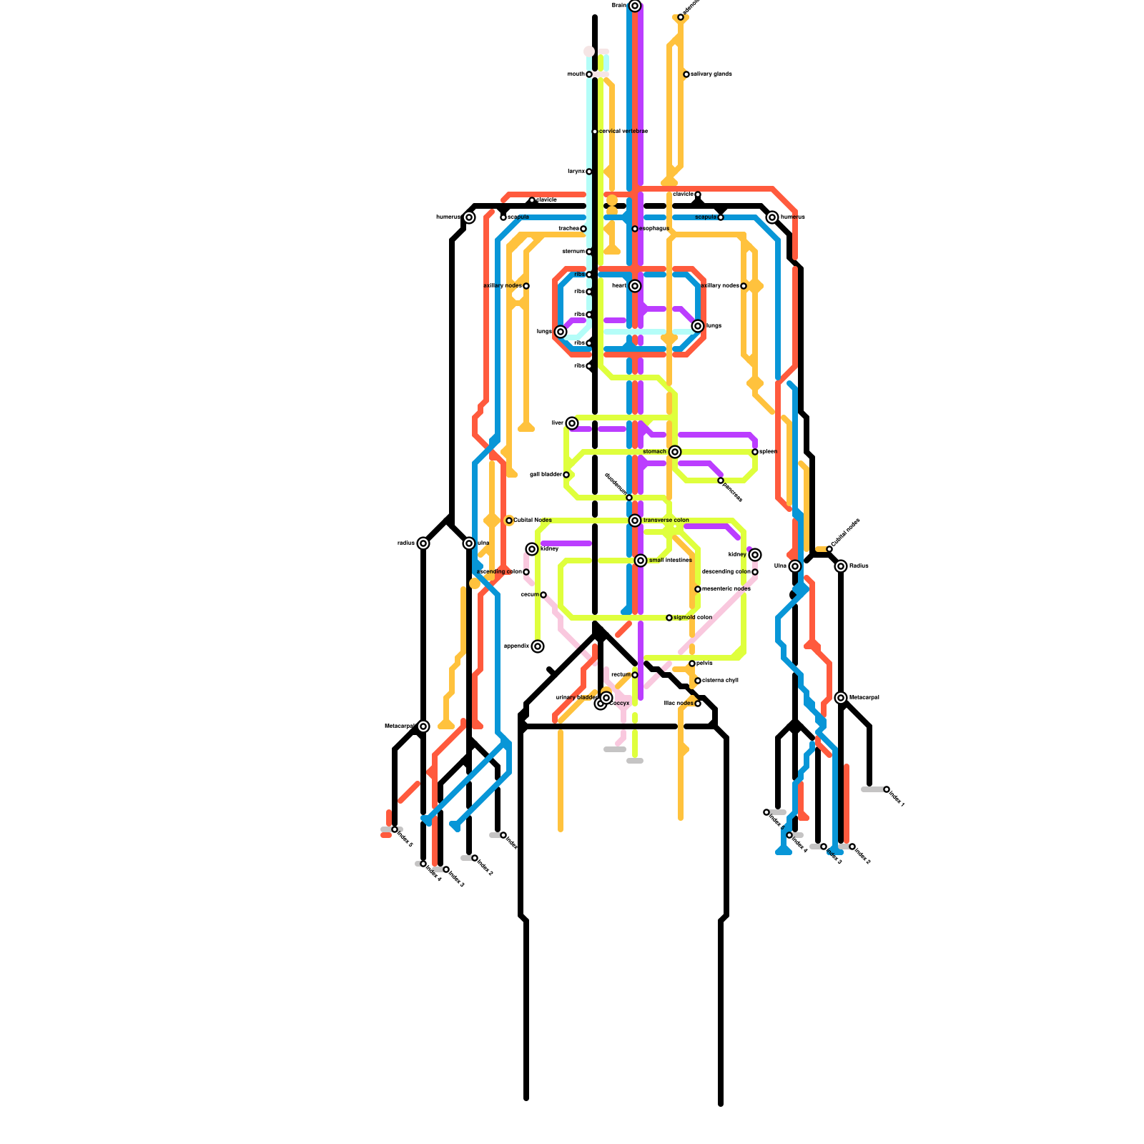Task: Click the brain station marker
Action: click(x=635, y=6)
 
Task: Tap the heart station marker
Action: click(x=635, y=286)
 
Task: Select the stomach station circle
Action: click(x=675, y=452)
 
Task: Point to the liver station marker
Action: click(x=572, y=423)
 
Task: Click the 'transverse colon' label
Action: click(x=666, y=521)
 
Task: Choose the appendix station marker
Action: click(x=538, y=646)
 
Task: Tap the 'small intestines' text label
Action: click(x=670, y=561)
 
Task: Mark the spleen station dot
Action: click(x=755, y=452)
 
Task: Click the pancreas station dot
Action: click(x=721, y=480)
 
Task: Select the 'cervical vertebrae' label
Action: click(x=623, y=132)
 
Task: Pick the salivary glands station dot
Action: click(x=686, y=74)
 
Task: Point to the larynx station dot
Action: click(x=589, y=172)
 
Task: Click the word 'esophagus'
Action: click(x=654, y=229)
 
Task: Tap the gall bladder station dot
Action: click(x=566, y=475)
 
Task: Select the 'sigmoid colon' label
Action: click(x=692, y=618)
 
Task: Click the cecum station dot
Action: click(x=543, y=595)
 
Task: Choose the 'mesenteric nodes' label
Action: click(x=726, y=589)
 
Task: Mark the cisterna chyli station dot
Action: click(x=698, y=681)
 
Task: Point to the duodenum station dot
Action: click(x=629, y=498)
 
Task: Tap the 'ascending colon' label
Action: click(x=500, y=572)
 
